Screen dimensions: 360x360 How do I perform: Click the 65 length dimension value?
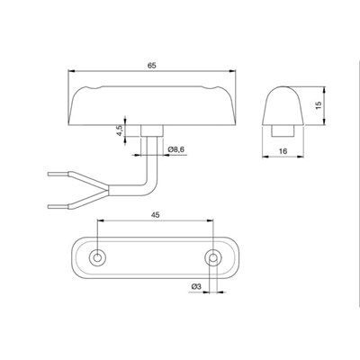click(x=152, y=66)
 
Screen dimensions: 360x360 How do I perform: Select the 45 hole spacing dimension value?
click(x=156, y=215)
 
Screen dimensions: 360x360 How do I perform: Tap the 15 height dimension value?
click(x=319, y=105)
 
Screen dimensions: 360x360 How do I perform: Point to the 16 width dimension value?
click(x=283, y=151)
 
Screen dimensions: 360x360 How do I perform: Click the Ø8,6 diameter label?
click(x=176, y=149)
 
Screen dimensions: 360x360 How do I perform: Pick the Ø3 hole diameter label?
click(x=195, y=287)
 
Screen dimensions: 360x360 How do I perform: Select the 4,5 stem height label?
click(x=120, y=130)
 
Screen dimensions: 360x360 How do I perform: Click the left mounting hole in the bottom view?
click(x=97, y=257)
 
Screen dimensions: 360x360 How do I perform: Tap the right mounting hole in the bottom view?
click(x=212, y=257)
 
